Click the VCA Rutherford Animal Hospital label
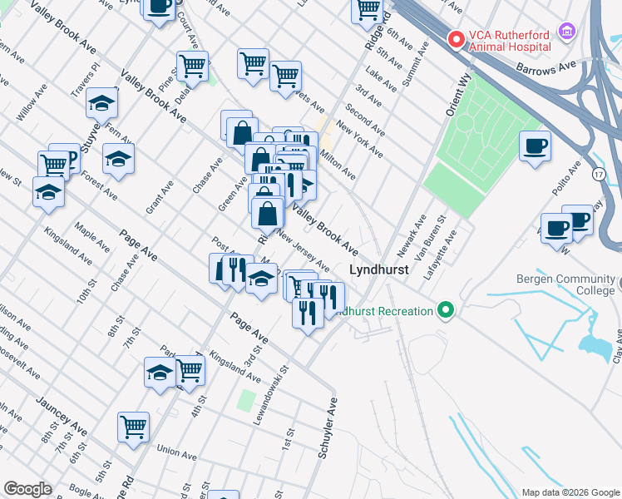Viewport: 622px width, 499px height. pyautogui.click(x=510, y=41)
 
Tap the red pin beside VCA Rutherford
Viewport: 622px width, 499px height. pyautogui.click(x=455, y=39)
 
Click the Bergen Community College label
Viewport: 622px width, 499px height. pyautogui.click(x=563, y=285)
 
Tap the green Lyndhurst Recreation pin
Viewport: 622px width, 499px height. pyautogui.click(x=447, y=312)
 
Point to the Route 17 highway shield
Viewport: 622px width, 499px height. pyautogui.click(x=598, y=175)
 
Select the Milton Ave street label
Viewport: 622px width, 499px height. pyautogui.click(x=338, y=165)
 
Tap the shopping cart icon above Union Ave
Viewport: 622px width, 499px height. pyautogui.click(x=133, y=427)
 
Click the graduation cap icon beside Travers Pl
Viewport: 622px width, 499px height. pyautogui.click(x=102, y=103)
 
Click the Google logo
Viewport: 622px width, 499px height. pyautogui.click(x=27, y=489)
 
